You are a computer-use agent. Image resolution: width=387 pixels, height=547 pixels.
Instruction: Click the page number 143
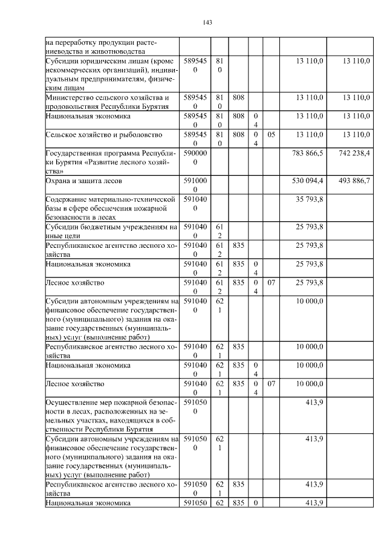pos(207,22)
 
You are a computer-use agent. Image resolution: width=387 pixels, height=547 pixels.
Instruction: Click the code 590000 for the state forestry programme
pos(195,158)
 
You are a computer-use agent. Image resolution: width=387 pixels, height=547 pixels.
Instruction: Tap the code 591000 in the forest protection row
pos(195,185)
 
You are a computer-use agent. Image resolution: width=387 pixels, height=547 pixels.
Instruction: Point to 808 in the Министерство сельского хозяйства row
pos(238,97)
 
